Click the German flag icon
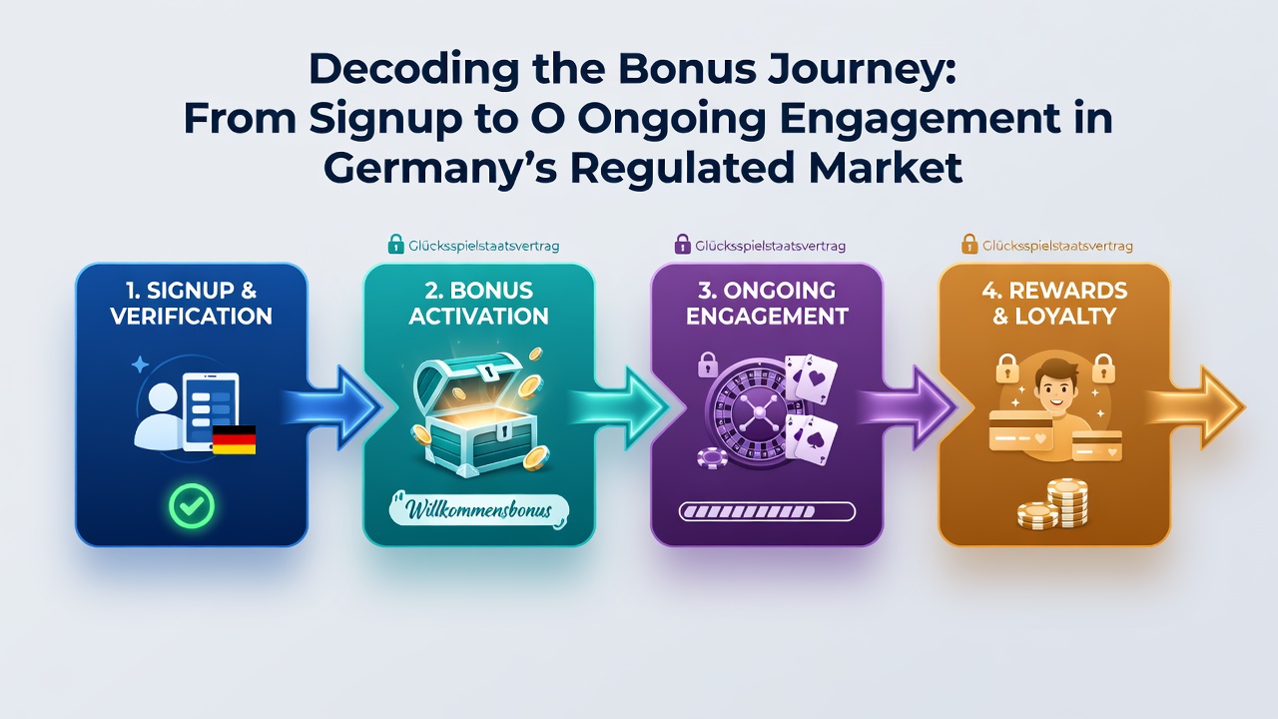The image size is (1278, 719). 234,439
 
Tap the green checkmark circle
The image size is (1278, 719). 192,505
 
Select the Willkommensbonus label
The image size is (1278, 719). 478,509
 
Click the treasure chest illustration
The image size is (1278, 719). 478,413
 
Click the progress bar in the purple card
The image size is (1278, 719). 767,511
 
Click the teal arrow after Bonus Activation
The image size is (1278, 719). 620,406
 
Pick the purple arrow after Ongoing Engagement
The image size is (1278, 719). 908,406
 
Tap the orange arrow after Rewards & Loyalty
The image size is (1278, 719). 1196,406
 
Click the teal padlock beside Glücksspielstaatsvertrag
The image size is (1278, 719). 395,245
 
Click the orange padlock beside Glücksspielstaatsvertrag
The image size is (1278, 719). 969,245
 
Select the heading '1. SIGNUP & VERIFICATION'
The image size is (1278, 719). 192,303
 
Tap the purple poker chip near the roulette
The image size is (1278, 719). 712,458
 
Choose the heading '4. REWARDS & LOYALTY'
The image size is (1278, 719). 1054,303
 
